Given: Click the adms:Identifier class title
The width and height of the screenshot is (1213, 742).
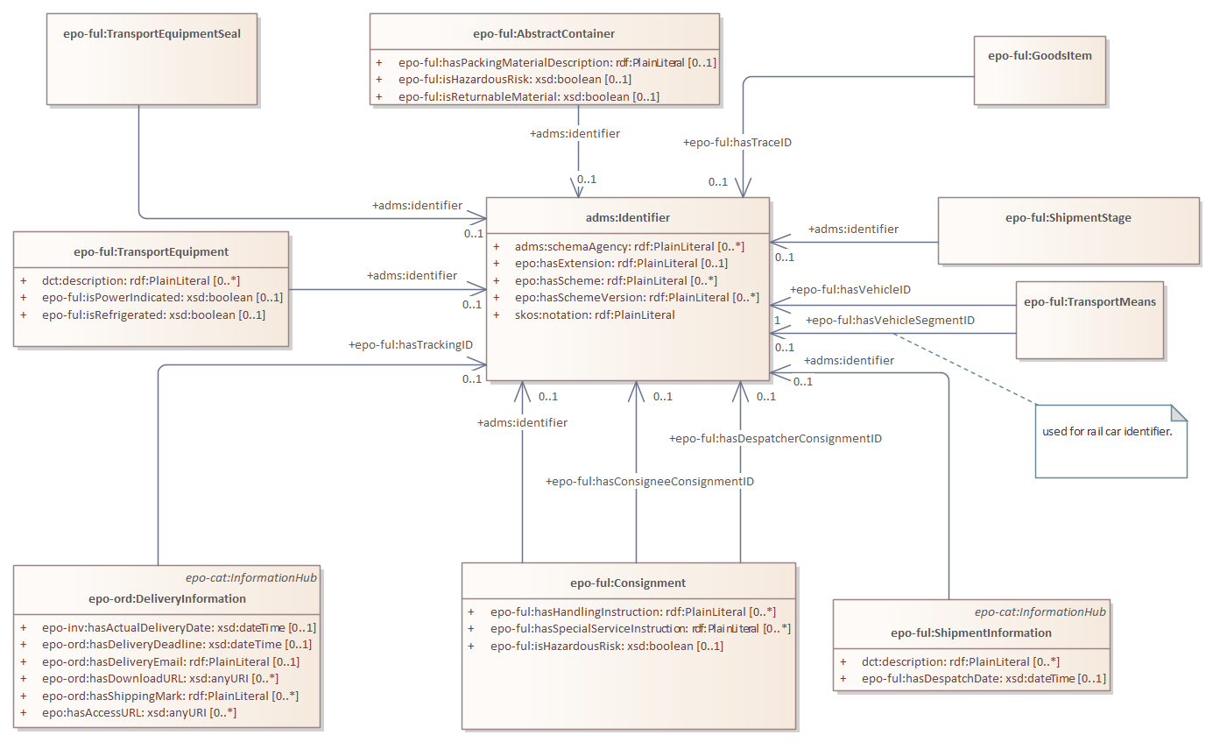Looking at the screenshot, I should point(628,217).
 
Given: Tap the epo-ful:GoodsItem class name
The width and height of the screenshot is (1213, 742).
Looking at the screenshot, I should point(1040,55).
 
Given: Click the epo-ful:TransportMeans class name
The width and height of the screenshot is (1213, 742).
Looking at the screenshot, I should point(1090,301).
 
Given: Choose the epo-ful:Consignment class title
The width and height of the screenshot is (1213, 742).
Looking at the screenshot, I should point(628,583).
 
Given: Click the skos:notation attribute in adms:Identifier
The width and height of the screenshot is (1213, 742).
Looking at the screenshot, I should point(595,314).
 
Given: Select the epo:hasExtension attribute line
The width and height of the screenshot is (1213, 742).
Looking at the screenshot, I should point(621,263).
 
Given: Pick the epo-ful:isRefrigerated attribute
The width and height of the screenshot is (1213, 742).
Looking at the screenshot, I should point(153,314).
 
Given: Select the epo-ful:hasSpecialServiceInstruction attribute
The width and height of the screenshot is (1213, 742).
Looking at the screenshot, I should point(639,628).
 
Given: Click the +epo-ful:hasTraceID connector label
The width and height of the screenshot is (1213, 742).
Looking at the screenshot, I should point(737,141).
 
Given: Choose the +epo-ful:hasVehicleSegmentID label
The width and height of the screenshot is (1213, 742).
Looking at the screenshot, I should point(890,321).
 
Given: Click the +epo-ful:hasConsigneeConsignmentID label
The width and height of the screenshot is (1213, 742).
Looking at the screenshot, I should point(650,481).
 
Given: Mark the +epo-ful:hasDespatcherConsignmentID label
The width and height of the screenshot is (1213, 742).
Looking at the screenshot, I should point(775,438).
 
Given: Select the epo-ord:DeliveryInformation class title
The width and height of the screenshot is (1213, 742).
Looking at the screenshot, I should point(167,599).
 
